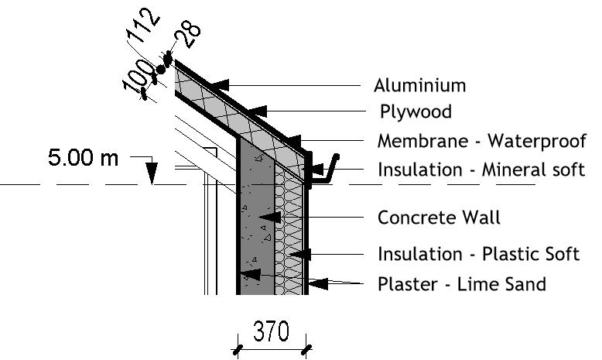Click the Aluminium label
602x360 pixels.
point(420,85)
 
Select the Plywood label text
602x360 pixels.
point(416,112)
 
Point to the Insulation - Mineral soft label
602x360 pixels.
point(481,170)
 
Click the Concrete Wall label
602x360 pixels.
point(439,218)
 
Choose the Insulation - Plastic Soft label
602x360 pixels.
point(478,254)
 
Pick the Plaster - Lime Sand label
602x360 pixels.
point(461,284)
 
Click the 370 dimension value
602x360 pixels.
point(272,332)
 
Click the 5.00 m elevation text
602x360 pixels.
point(84,158)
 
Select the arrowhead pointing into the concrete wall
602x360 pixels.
point(268,218)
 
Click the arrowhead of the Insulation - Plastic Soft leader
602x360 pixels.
point(306,253)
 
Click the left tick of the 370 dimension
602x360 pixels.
point(237,350)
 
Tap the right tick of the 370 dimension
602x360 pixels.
point(307,350)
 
